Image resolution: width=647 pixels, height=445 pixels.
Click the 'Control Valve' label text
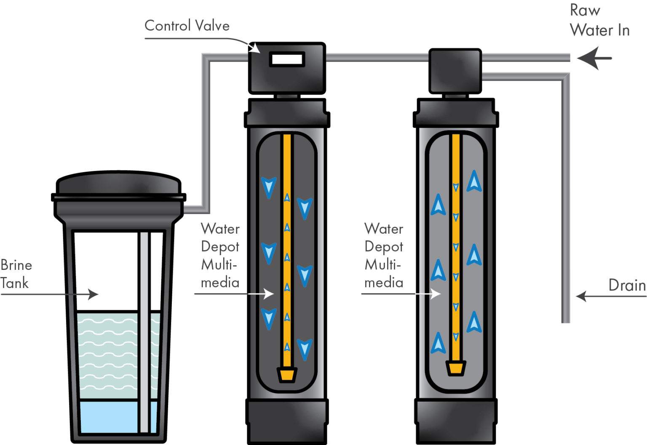point(187,26)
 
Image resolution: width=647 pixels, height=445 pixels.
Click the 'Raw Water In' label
point(599,21)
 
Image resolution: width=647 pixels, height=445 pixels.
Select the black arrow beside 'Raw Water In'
point(594,58)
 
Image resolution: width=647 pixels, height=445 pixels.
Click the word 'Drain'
point(627,285)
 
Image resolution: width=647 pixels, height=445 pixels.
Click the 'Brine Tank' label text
point(16,274)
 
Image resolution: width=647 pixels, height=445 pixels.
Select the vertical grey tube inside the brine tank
point(144,333)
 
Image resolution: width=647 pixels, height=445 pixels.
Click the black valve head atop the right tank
point(455,71)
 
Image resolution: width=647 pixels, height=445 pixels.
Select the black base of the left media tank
point(287,421)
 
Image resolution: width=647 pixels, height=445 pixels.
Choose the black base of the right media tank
point(456,421)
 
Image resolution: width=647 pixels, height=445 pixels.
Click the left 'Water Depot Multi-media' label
point(220,256)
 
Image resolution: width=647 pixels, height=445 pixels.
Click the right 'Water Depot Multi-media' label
point(383,256)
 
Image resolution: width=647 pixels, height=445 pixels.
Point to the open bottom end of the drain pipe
point(566,321)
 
